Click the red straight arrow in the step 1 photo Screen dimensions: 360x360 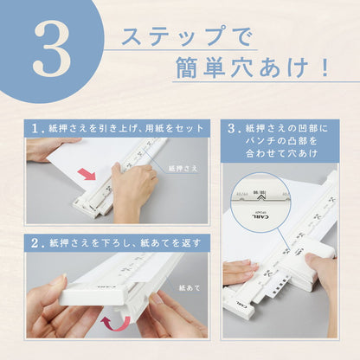coord(87,174)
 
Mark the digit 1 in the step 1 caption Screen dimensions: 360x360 coord(35,127)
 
